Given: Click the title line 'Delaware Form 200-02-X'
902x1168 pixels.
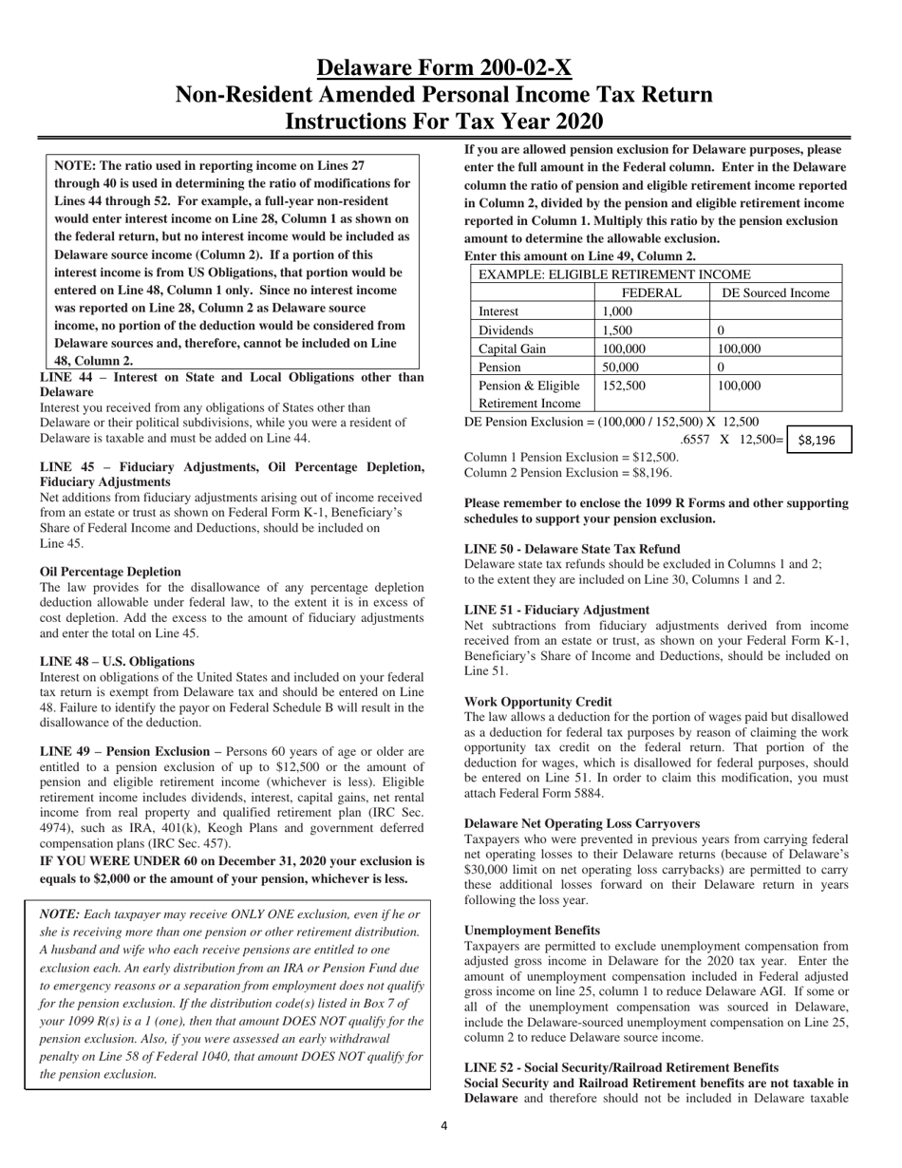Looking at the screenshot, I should click(444, 67).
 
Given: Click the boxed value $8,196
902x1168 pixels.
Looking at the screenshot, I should click(817, 441).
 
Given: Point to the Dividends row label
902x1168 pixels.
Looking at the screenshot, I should click(504, 330).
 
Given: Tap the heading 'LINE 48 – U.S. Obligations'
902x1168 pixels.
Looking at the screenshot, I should click(117, 661).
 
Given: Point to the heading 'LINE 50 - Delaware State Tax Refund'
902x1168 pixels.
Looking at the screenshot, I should click(572, 549).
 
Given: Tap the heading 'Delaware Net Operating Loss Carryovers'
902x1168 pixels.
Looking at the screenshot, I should click(582, 823).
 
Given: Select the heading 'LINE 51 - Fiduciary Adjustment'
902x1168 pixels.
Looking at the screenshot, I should click(556, 610).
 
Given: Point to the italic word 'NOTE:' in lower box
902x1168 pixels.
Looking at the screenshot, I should click(60, 914).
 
